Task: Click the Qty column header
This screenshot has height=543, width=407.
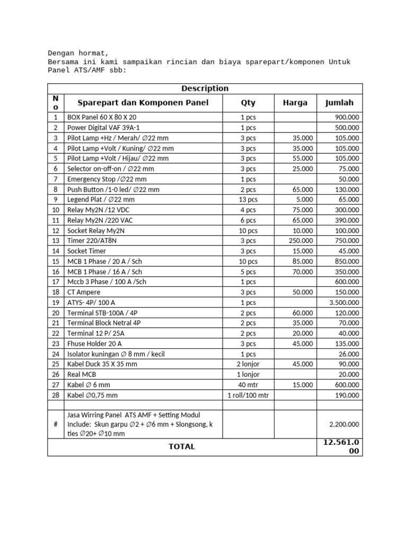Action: [248, 103]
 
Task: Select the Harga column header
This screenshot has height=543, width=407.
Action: [295, 103]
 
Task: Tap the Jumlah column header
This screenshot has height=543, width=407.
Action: [339, 103]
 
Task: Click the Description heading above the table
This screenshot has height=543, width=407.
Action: [205, 89]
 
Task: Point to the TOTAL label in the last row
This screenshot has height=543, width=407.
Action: [182, 447]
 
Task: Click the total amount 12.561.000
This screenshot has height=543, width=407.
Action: [339, 447]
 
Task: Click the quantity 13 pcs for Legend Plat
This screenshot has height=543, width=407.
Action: [248, 199]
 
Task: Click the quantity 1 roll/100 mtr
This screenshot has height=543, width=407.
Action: [248, 395]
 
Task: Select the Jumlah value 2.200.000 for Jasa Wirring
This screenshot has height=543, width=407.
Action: [344, 424]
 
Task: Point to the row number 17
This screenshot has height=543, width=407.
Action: [55, 282]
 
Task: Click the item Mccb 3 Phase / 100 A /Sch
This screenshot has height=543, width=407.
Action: [107, 282]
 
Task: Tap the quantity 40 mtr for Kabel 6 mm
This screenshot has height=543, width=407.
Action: [248, 385]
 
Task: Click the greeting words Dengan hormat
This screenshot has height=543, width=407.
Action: [78, 53]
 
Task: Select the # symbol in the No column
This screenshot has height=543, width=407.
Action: [55, 424]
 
